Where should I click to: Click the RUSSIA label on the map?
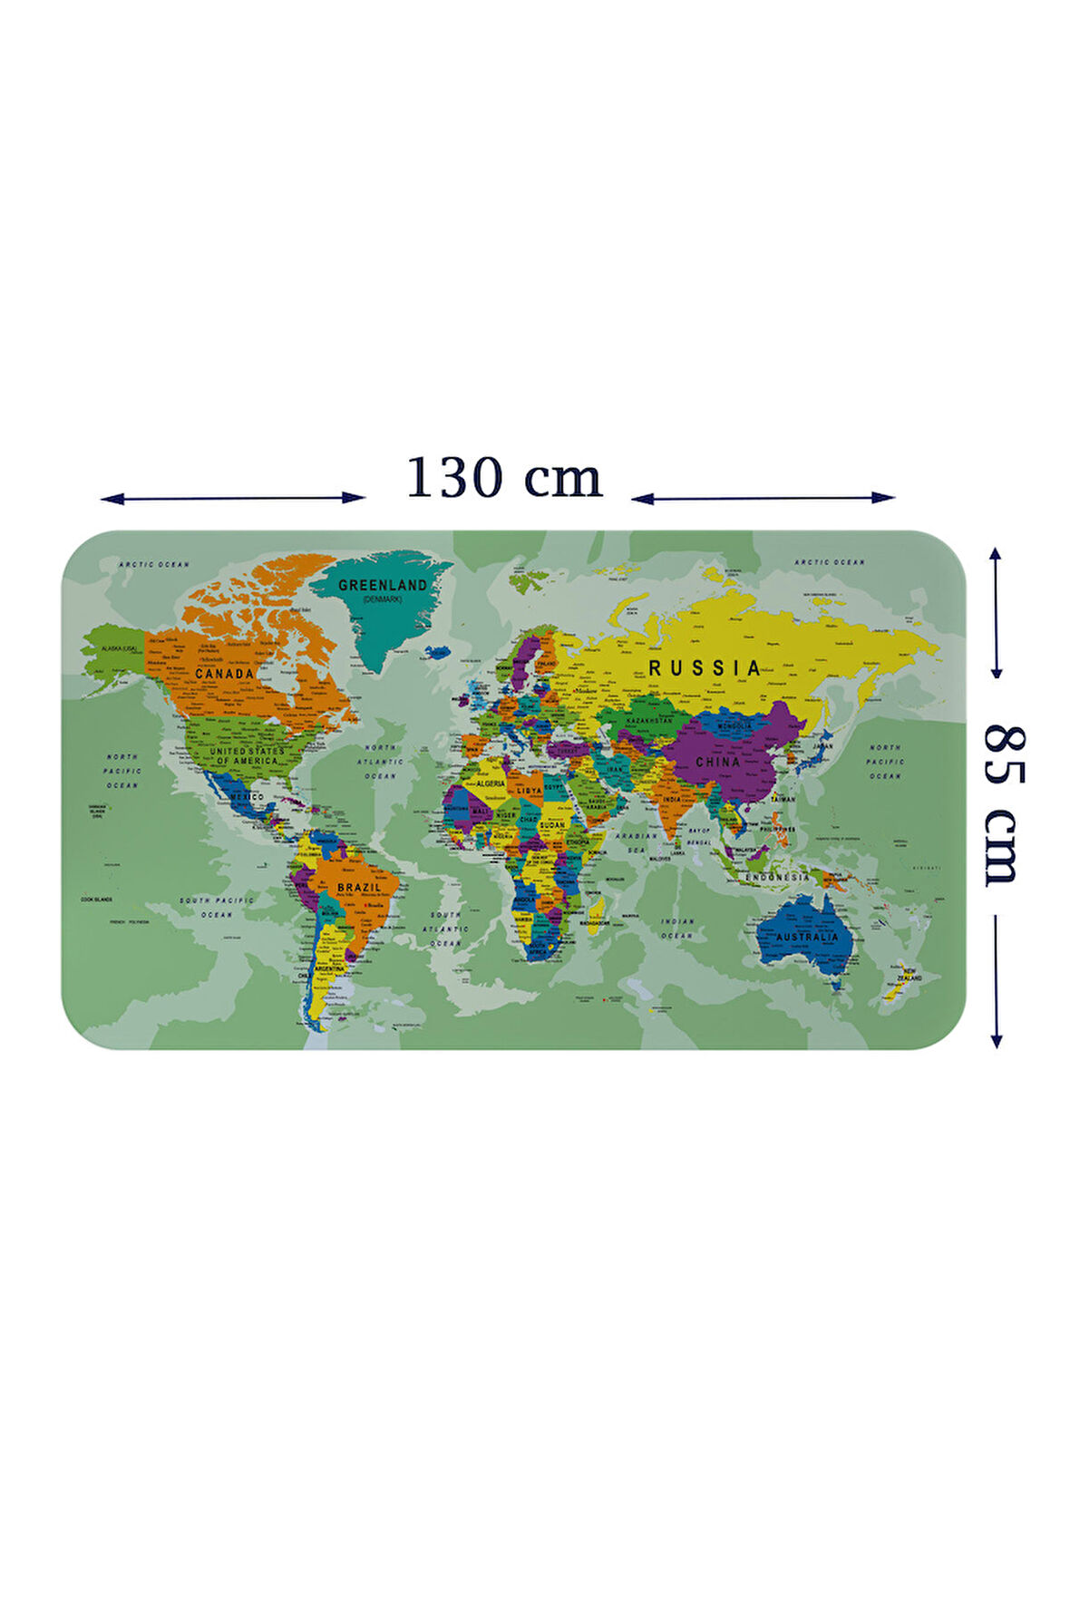pos(705,668)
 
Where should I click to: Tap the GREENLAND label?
pos(382,586)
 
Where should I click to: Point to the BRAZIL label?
pos(359,887)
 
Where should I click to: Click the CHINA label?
pos(718,763)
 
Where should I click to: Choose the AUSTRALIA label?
pos(806,937)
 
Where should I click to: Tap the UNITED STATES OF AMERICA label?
pos(247,755)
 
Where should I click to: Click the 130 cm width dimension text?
pos(503,478)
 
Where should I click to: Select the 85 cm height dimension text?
pos(1003,805)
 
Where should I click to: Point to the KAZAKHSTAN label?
pos(648,721)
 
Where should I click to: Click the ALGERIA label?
pos(491,783)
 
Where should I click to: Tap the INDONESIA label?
pos(777,878)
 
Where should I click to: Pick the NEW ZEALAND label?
pos(909,977)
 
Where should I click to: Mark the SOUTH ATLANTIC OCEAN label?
pos(445,929)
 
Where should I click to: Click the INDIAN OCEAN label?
pos(676,928)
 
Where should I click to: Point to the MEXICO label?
pos(246,796)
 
